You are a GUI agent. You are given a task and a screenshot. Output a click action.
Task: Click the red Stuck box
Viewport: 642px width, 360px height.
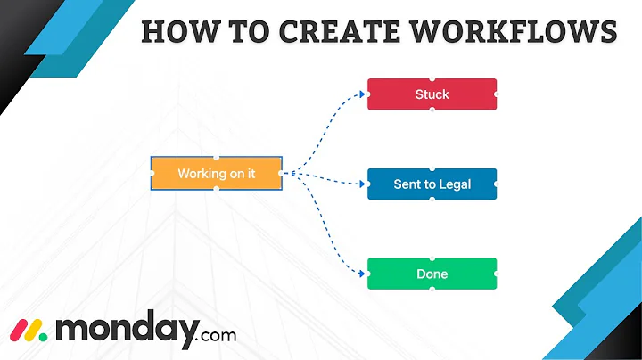coord(432,94)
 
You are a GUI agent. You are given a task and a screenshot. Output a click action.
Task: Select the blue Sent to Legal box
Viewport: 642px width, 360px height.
coord(432,184)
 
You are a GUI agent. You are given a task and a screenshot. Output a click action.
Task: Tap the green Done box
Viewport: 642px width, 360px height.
coord(432,274)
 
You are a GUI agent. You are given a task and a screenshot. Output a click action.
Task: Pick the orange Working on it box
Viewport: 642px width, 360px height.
coord(216,173)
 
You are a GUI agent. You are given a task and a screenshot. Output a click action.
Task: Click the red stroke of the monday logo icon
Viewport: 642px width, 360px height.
coord(16,331)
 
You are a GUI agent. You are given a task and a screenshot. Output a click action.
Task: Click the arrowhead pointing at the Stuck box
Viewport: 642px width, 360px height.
coord(363,93)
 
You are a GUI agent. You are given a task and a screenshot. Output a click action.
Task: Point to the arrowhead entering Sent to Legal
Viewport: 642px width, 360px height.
coord(363,184)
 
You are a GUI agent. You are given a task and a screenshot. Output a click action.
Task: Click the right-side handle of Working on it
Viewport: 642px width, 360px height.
coord(281,173)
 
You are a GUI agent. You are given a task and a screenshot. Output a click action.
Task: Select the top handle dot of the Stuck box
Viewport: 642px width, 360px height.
coord(432,78)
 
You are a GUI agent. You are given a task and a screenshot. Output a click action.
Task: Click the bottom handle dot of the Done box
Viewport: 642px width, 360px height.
coord(432,290)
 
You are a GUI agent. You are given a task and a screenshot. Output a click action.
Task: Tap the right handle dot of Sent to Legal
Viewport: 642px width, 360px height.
coord(496,184)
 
